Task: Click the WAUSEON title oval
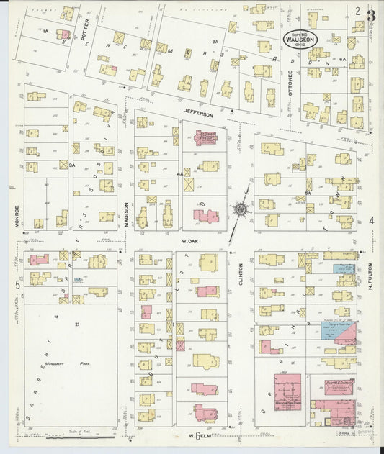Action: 296,37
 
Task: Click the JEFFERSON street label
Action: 198,114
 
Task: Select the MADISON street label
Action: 127,214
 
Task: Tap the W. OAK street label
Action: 189,241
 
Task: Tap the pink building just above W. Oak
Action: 203,214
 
